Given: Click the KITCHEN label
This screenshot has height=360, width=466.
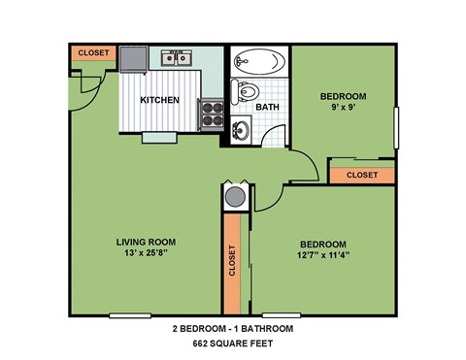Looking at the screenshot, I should click(158, 100).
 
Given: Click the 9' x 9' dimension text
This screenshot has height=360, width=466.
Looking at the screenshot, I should click(345, 109).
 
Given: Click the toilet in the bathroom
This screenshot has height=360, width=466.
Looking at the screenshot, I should click(246, 94).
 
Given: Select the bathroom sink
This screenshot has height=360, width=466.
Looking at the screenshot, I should click(241, 129).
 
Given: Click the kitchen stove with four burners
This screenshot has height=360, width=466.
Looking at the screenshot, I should click(211, 116).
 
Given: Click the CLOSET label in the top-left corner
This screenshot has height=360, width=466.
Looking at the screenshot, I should click(92, 52).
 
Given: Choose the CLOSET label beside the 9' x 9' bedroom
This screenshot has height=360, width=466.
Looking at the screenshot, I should click(361, 175).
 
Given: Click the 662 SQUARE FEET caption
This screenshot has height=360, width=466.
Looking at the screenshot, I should click(232, 344).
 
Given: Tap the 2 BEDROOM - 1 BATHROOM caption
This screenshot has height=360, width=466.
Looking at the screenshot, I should click(232, 329).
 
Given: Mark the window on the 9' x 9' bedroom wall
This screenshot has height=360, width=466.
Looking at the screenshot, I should click(396, 128).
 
